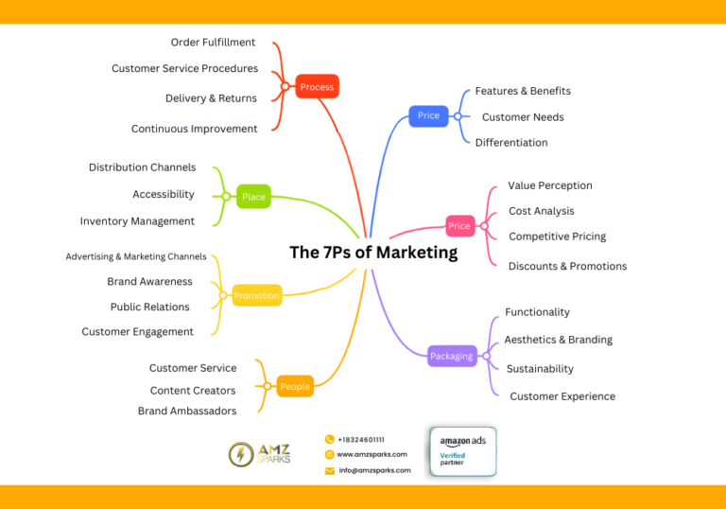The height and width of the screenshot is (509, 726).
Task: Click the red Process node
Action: [x=317, y=87]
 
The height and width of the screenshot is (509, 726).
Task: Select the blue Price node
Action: [x=428, y=115]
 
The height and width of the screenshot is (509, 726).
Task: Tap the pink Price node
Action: [x=459, y=226]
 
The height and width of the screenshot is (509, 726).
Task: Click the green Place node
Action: [x=253, y=197]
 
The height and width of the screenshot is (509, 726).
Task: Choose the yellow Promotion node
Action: [x=257, y=296]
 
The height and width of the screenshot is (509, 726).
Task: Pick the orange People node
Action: [x=295, y=386]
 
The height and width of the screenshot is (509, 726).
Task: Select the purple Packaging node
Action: [x=451, y=357]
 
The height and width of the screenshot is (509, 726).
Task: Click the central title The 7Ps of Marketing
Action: [x=373, y=253]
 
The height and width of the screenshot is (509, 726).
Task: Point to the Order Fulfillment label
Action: [x=213, y=43]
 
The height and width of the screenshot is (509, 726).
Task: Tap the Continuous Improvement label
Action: [x=194, y=129]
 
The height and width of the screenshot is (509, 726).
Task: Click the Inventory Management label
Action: [x=137, y=221]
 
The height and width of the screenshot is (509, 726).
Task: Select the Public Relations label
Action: [x=149, y=307]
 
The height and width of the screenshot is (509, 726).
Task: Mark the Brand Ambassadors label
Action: [x=187, y=411]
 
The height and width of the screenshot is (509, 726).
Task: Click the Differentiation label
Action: [x=511, y=143]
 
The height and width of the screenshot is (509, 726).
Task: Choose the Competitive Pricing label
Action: [x=557, y=237]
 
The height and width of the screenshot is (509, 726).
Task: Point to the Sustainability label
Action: [x=540, y=369]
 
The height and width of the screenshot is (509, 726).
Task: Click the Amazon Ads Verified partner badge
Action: [x=462, y=451]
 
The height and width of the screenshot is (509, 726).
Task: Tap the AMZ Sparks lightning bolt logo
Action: [x=240, y=454]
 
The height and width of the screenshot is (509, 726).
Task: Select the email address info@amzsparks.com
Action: [x=374, y=470]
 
